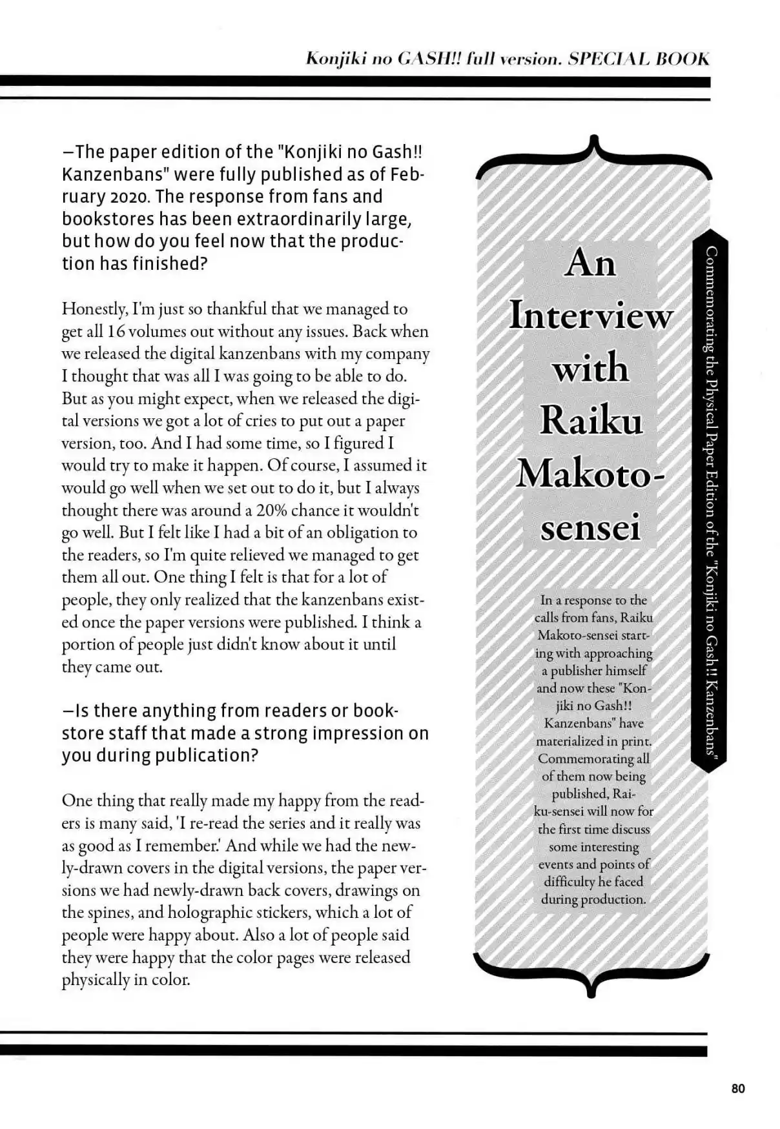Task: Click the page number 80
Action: pyautogui.click(x=738, y=1088)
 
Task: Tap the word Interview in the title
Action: pyautogui.click(x=591, y=316)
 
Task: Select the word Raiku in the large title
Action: pyautogui.click(x=591, y=421)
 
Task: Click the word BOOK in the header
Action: pyautogui.click(x=682, y=59)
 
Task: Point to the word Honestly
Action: pyautogui.click(x=94, y=309)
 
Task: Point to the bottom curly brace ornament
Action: pyautogui.click(x=591, y=971)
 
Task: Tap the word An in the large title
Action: pyautogui.click(x=590, y=263)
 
